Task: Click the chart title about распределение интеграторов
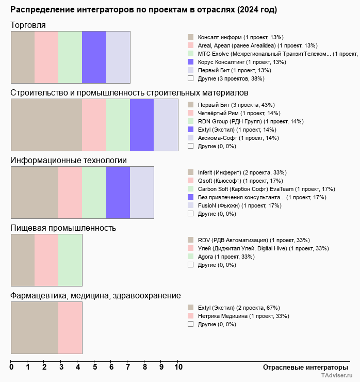[143, 10]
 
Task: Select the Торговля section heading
[28, 25]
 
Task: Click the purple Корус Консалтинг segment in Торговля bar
[94, 57]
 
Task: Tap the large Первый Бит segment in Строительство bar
[46, 125]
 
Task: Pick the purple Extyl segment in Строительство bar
[142, 125]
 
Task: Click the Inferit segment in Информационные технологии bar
[35, 193]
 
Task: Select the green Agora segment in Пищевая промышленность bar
[70, 260]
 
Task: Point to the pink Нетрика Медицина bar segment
[70, 328]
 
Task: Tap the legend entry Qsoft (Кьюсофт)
[233, 181]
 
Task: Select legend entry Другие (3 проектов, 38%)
[231, 78]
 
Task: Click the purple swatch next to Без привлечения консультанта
[191, 197]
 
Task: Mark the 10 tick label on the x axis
[178, 368]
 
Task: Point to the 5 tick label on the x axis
[95, 368]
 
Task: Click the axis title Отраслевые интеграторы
[302, 367]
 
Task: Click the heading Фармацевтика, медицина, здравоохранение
[95, 296]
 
